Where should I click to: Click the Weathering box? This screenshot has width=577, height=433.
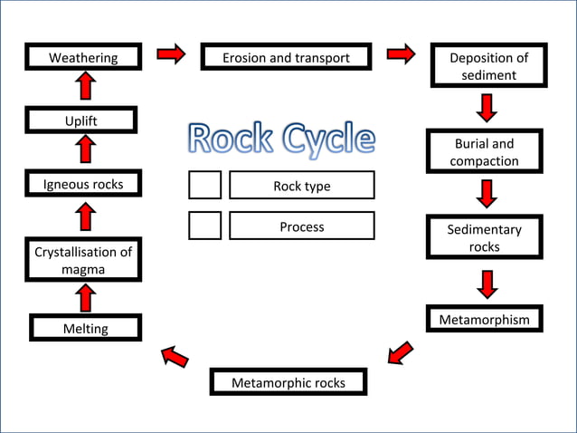click(x=83, y=58)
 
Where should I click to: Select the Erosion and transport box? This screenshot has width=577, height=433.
click(x=286, y=57)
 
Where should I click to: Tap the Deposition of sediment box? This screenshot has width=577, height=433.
click(x=488, y=66)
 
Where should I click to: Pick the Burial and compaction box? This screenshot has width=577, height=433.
click(x=484, y=152)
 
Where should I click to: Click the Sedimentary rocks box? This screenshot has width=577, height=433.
click(x=484, y=237)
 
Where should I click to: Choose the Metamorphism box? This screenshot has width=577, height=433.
click(x=484, y=320)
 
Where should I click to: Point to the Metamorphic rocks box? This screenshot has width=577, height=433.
click(x=288, y=382)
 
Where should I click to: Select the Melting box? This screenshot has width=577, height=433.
click(x=85, y=328)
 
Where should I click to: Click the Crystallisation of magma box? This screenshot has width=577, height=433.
click(x=83, y=260)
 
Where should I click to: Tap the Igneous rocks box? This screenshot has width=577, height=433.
click(x=83, y=184)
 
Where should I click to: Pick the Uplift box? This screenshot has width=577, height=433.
click(x=80, y=120)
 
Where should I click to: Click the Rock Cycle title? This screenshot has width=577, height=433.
click(x=280, y=139)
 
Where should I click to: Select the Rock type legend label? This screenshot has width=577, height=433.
click(x=301, y=186)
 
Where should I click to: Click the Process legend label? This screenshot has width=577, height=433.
click(x=301, y=226)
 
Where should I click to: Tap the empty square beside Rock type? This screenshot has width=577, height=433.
click(x=204, y=185)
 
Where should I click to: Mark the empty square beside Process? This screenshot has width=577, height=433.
click(x=204, y=226)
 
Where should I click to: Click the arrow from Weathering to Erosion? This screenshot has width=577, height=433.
click(x=170, y=56)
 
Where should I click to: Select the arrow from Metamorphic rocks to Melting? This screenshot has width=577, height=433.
click(x=175, y=357)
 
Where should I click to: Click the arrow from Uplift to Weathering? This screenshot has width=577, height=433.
click(x=85, y=87)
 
